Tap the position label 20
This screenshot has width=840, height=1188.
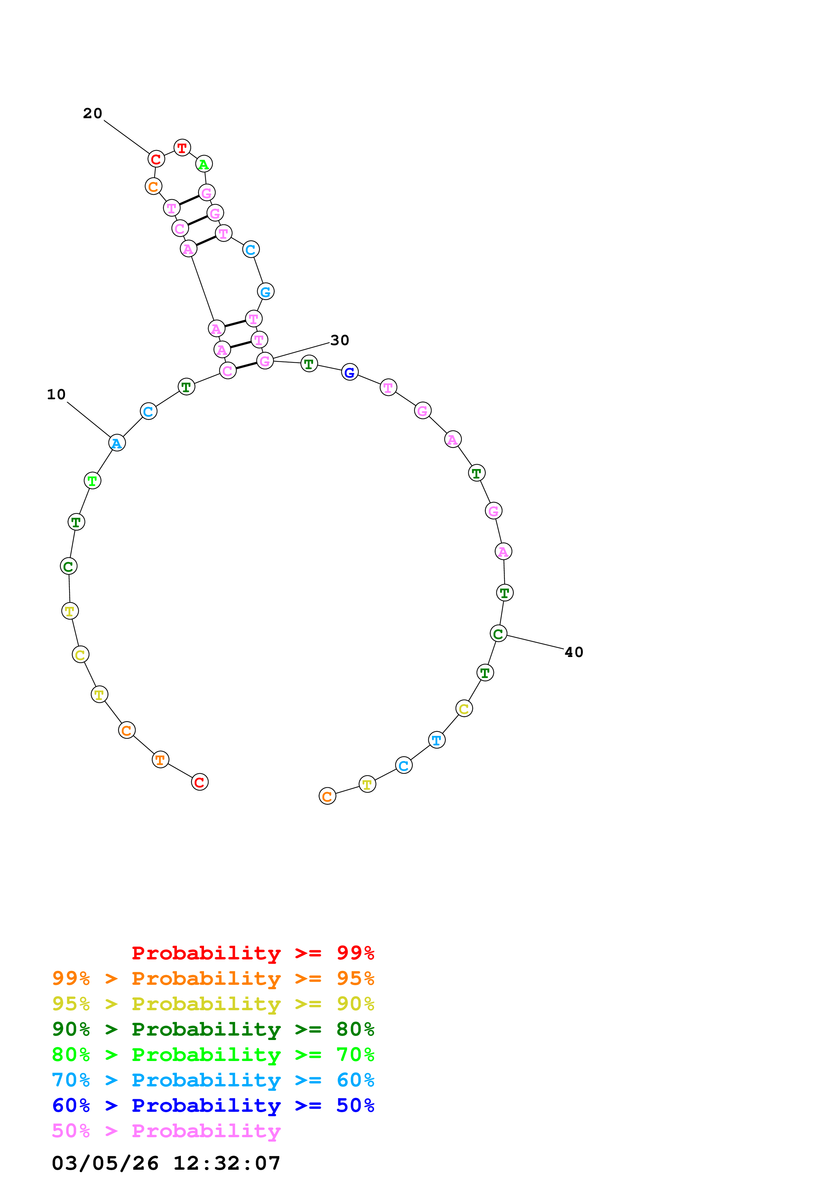click(x=93, y=113)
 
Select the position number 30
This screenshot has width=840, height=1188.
click(x=340, y=340)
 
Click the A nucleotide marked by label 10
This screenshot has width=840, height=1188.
click(x=117, y=443)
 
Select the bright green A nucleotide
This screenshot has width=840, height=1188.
click(x=204, y=164)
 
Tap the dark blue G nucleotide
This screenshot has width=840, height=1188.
click(x=350, y=372)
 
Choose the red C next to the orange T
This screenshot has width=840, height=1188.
click(x=200, y=782)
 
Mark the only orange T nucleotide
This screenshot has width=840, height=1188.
click(x=160, y=760)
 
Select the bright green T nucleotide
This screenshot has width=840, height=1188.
click(x=93, y=481)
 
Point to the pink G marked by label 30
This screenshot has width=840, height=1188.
click(x=265, y=361)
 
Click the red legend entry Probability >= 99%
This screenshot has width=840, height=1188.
click(x=252, y=953)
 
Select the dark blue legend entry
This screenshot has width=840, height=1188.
click(x=213, y=1105)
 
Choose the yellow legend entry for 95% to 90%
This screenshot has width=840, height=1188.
click(x=213, y=1003)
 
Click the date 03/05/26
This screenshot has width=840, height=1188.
click(x=105, y=1164)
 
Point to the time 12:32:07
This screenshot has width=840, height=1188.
click(x=227, y=1164)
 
